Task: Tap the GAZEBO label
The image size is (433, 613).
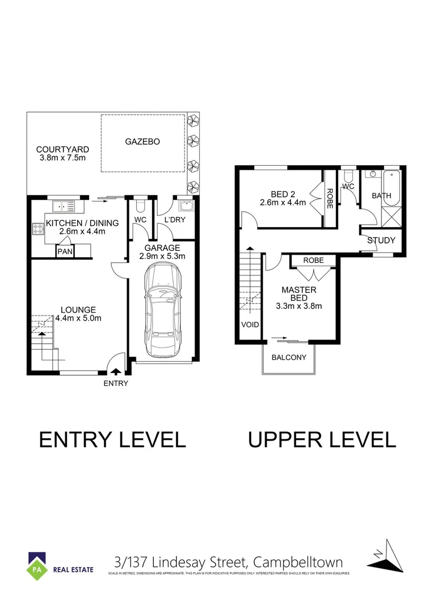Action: (x=142, y=141)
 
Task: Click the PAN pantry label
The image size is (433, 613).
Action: (x=63, y=251)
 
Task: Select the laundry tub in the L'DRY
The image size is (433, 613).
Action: (x=184, y=205)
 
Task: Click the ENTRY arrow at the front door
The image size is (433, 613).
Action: (x=115, y=372)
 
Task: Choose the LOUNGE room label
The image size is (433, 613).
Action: (x=78, y=310)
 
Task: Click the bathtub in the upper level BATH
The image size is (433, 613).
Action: (x=393, y=185)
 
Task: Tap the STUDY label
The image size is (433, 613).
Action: (x=381, y=241)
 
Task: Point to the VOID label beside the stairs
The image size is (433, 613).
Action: (x=250, y=325)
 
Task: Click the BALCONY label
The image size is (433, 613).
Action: (x=289, y=358)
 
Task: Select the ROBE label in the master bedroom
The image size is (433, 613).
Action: (x=313, y=261)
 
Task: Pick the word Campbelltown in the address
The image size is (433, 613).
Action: (x=297, y=562)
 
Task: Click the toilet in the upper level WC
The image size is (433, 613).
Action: (x=348, y=176)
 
